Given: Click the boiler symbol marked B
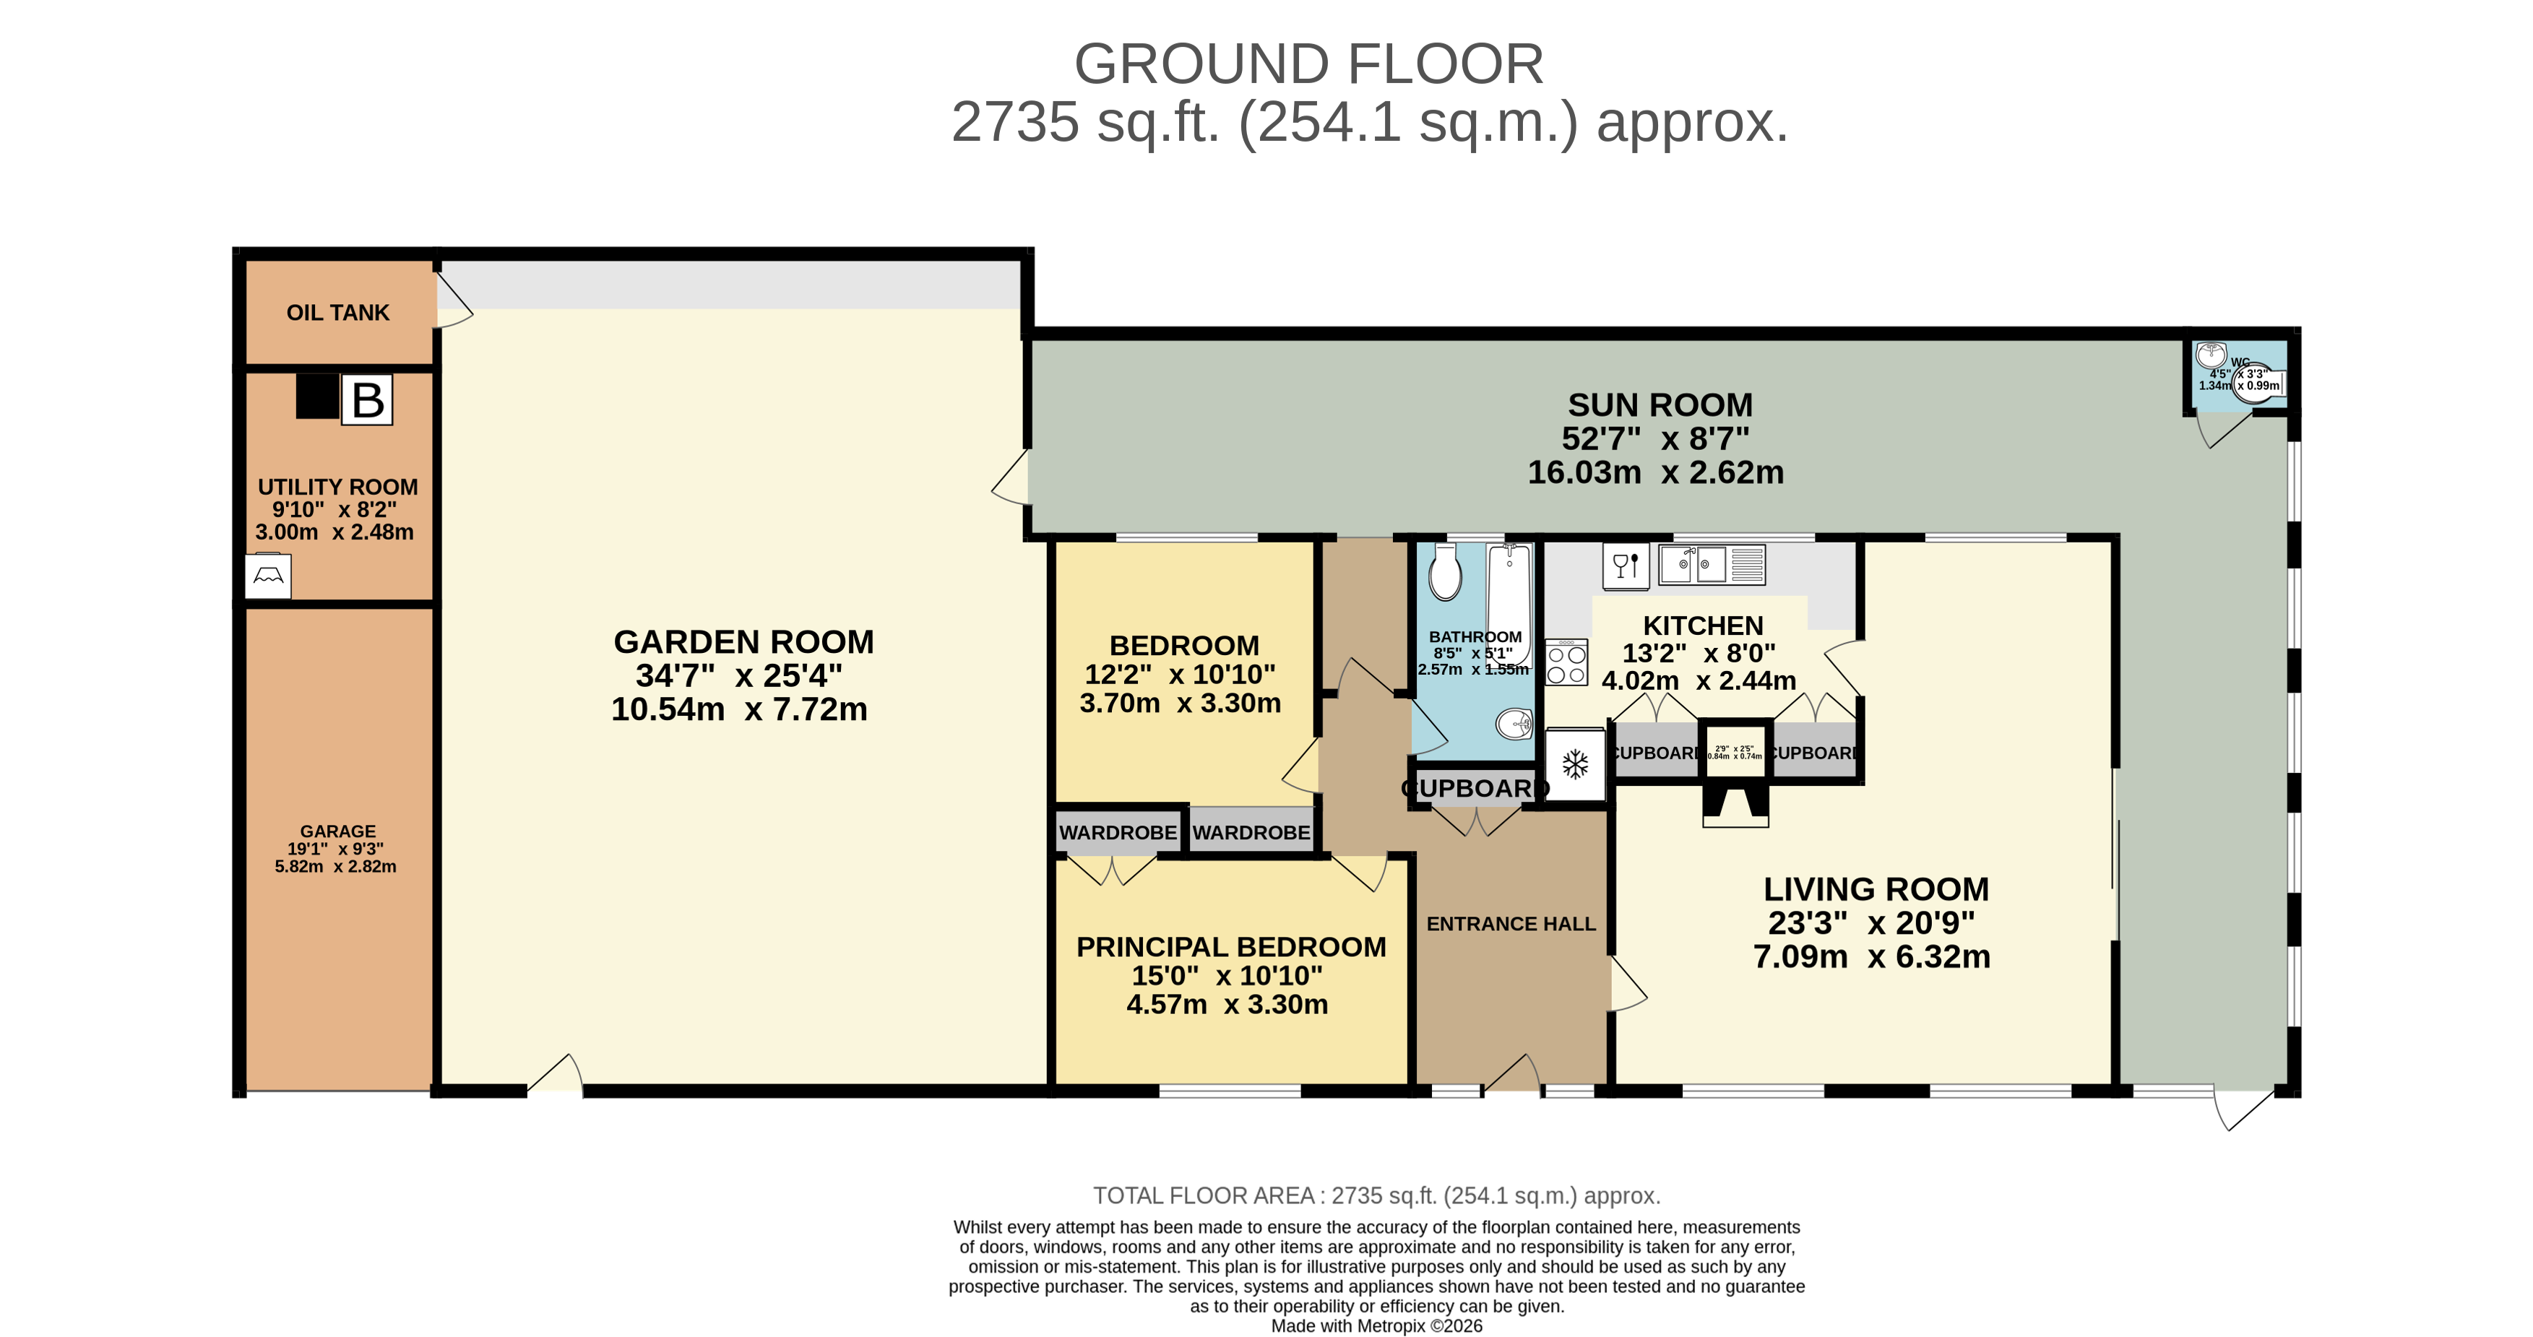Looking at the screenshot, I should click(367, 400).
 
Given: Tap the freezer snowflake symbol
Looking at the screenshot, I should click(1575, 764).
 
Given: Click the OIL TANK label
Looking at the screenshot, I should click(337, 313).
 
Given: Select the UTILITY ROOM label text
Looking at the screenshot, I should click(337, 487).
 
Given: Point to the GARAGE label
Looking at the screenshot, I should click(337, 831).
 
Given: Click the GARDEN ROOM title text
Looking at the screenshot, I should click(743, 642).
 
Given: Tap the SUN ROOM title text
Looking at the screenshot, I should click(1660, 405).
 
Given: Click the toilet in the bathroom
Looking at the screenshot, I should click(1444, 573).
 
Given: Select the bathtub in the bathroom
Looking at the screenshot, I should click(1509, 600).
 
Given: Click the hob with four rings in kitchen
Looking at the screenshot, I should click(1566, 662).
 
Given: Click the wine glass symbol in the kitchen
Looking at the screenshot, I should click(1626, 566).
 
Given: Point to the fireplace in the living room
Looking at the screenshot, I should click(1735, 804).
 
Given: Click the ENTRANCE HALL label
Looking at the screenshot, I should click(1511, 924).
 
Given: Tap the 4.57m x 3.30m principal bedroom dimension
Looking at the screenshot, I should click(1227, 1005).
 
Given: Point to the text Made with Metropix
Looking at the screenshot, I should click(1376, 1326).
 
